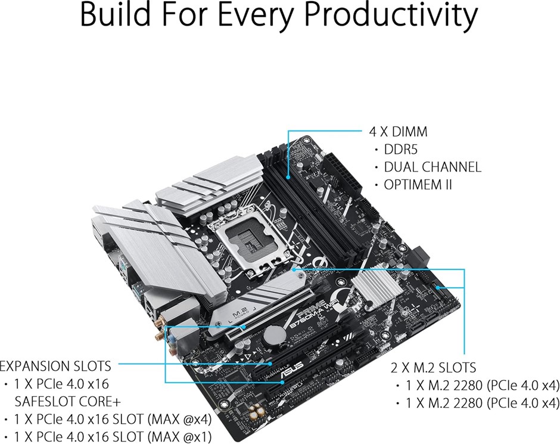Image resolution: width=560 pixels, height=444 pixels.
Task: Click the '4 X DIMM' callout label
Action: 398,132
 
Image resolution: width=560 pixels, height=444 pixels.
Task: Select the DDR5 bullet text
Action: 400,150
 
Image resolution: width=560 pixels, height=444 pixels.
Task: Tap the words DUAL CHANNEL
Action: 433,167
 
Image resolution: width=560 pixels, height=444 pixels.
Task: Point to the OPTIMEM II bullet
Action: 418,185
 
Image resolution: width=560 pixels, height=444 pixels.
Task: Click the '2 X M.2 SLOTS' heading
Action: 433,368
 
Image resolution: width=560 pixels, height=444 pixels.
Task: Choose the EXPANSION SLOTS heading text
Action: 55,366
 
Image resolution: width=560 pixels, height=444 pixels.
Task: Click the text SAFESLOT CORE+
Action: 68,402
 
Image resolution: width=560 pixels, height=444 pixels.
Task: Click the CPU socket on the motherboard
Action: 254,244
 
